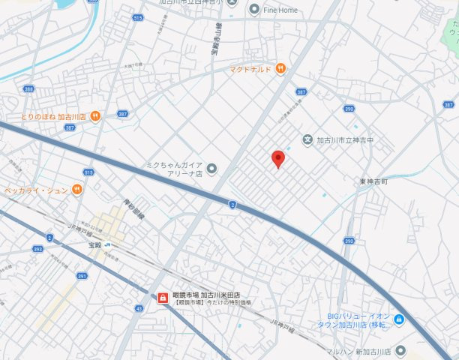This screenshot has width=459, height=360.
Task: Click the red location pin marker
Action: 277,158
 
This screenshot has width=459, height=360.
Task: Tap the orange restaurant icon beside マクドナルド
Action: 280,69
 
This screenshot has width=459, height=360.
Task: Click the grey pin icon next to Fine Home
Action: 254,9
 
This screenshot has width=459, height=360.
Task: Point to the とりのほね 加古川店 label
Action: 53,117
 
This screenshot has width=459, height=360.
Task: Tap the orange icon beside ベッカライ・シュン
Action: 76,190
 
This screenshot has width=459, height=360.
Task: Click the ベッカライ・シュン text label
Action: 35,190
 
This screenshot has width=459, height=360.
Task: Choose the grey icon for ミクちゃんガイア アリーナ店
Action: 211,168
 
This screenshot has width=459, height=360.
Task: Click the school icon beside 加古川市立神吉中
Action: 307,139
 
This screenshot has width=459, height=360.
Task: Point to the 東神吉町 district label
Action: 373,181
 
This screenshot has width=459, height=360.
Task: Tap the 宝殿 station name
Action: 94,244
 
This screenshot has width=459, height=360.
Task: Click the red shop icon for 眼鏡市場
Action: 161,298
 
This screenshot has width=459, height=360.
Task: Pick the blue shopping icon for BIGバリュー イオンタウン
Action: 399,320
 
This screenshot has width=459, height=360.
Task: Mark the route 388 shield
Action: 28,88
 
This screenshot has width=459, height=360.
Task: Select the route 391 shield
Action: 82,276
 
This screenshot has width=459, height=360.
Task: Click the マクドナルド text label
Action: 250,69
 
